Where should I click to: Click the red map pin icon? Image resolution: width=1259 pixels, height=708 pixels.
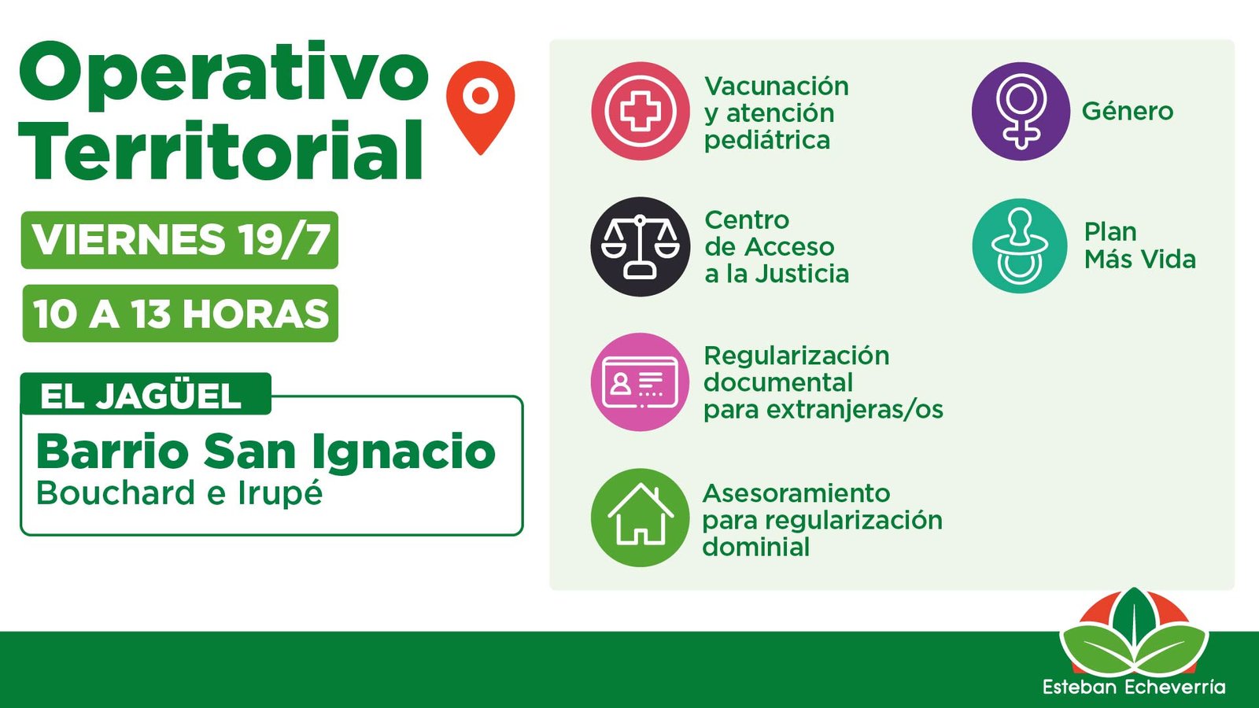coord(480,107)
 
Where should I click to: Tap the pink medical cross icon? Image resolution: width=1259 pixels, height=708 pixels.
coord(641,111)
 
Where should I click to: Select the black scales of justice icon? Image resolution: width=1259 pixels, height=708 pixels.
coord(641,247)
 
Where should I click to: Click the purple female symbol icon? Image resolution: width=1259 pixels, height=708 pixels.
coord(1021,111)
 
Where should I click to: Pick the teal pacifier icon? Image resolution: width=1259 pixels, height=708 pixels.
coord(1020,246)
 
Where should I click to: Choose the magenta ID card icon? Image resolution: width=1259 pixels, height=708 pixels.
coord(641,382)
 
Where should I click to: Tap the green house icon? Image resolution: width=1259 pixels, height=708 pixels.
coord(641,518)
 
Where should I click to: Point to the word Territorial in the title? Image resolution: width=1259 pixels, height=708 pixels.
coord(220,150)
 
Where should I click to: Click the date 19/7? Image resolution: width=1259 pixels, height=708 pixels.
coord(284,240)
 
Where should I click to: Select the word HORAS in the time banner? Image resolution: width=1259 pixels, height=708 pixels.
coord(257,314)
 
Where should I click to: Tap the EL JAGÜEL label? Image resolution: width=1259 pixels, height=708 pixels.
coord(141,396)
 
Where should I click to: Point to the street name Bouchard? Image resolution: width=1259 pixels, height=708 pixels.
coord(115,493)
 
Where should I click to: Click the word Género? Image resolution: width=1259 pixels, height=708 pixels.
coord(1128,111)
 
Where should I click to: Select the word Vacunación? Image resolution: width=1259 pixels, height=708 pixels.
coord(776,87)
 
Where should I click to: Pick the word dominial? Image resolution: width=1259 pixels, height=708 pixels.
coord(756,547)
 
